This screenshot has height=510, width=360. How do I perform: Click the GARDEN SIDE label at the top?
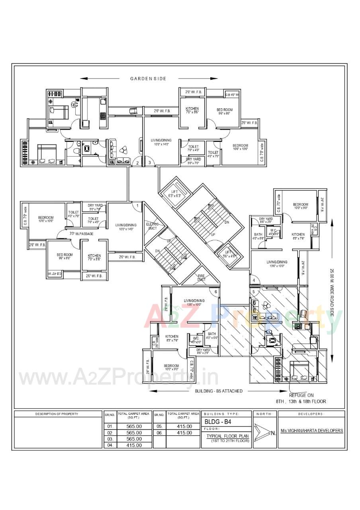coord(148,79)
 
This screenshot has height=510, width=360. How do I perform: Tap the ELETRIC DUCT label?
coord(151,226)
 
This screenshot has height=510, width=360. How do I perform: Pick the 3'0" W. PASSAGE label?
coord(81,233)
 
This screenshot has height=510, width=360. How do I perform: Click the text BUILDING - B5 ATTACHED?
coord(219,391)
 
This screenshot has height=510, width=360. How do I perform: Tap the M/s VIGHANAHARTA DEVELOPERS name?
coord(312,431)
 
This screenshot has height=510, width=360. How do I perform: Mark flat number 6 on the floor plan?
coord(215,292)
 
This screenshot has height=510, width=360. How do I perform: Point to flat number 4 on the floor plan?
coord(254,280)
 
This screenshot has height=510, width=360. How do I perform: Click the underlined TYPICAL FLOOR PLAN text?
coord(228,436)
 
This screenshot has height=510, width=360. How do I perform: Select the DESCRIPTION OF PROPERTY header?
coord(57,414)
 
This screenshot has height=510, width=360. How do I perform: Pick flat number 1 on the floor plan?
coord(137,206)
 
